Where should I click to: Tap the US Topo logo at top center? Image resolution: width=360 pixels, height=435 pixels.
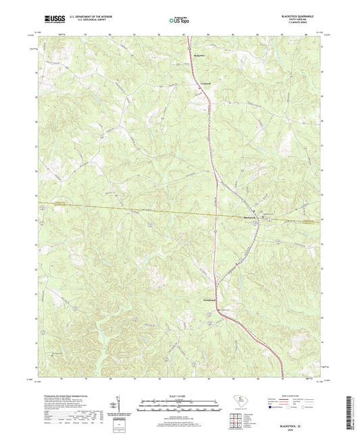[180, 20]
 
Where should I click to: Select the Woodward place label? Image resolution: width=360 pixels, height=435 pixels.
[210, 299]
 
